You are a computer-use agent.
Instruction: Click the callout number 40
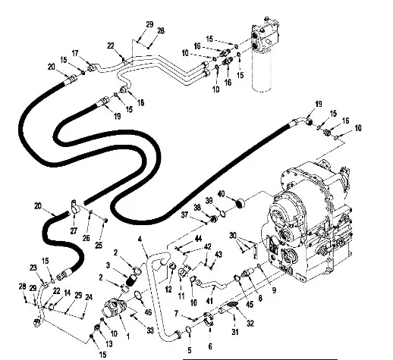[221, 194]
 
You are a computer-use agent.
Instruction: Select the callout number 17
[75, 54]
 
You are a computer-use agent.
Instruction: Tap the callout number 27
[74, 231]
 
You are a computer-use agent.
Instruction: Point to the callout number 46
[148, 312]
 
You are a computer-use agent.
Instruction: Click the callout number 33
[150, 330]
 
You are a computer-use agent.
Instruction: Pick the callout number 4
[140, 239]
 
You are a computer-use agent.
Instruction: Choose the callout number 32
[250, 323]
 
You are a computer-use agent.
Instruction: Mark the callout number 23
[33, 268]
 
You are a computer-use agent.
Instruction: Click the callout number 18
[140, 102]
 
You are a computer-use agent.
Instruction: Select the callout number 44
[198, 239]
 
